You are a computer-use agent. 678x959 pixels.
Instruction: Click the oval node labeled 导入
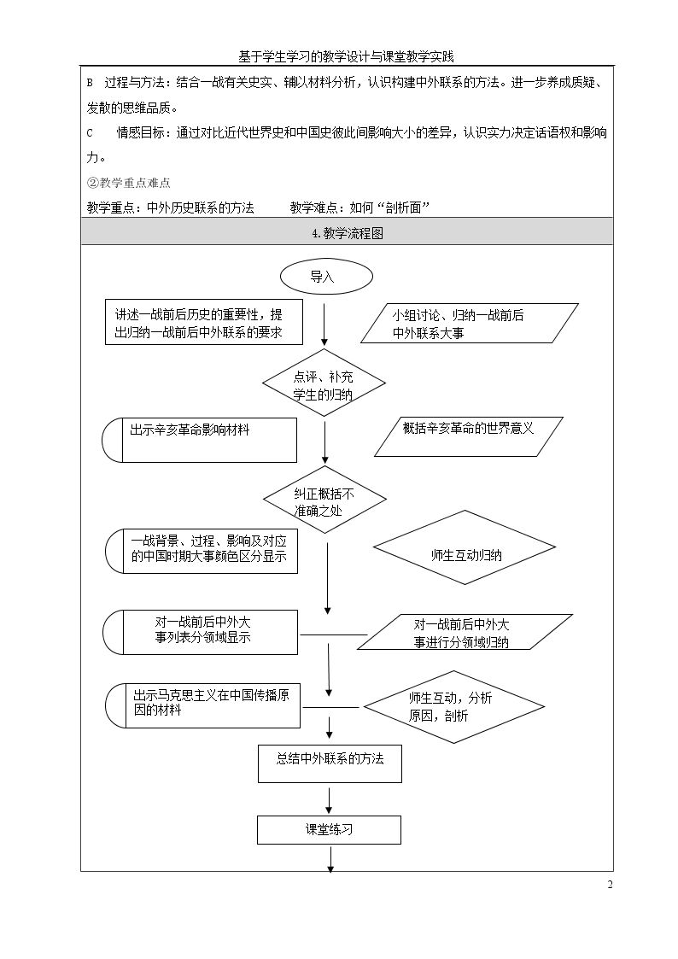326,277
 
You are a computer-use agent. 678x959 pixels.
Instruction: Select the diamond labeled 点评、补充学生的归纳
324,383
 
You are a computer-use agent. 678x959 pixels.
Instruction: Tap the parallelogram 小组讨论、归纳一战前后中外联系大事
470,324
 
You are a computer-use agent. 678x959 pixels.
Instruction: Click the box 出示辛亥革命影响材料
199,441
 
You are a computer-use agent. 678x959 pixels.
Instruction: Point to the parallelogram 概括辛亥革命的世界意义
468,436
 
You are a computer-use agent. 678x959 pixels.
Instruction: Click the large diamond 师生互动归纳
465,547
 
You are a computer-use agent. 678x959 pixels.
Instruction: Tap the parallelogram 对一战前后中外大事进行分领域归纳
471,632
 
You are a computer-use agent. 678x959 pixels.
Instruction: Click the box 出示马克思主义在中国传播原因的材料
202,705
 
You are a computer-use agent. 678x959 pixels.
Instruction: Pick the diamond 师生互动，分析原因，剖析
454,706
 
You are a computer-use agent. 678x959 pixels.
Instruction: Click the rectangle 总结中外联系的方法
330,764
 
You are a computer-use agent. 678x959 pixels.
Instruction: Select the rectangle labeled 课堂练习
329,830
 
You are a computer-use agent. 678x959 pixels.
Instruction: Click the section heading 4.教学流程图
348,233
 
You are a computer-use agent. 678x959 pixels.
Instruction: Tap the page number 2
610,885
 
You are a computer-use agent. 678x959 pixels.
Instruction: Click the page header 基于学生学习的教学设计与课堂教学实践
346,57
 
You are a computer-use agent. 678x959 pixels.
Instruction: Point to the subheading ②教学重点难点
128,182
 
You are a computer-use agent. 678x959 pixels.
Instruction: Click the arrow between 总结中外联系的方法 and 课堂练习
330,800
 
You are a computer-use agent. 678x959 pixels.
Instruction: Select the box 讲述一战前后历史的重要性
204,322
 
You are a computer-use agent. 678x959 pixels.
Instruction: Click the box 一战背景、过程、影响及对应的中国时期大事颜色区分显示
202,551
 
